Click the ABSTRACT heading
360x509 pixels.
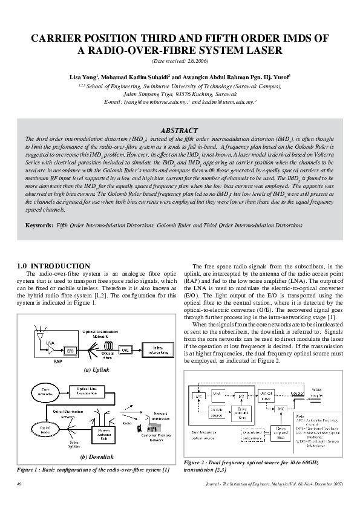(x=180, y=131)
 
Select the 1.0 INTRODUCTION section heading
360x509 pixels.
(x=54, y=266)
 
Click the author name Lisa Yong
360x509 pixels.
(x=85, y=77)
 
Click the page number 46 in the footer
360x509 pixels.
(x=20, y=484)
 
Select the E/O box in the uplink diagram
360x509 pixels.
(x=70, y=350)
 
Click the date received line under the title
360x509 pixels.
(x=180, y=62)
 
